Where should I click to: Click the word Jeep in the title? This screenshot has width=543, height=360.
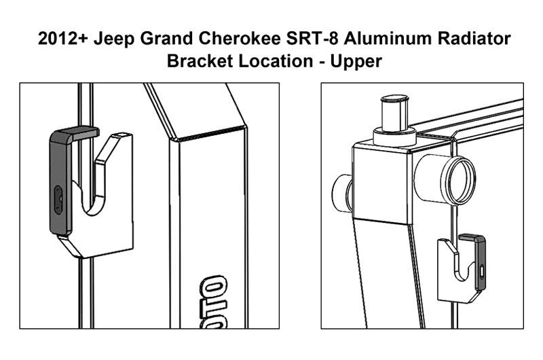click(x=113, y=39)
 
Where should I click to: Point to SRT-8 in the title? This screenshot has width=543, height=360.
click(x=312, y=38)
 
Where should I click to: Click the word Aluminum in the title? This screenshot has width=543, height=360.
click(x=388, y=38)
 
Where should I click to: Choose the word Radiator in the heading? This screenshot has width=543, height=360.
click(x=474, y=38)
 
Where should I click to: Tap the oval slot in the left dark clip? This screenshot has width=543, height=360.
click(x=58, y=200)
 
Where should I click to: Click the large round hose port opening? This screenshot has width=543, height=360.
click(x=462, y=180)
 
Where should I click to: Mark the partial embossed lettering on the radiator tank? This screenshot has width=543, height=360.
click(x=214, y=302)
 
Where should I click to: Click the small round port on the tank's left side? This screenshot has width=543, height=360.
click(x=342, y=192)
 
